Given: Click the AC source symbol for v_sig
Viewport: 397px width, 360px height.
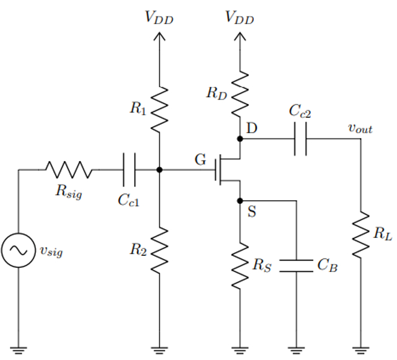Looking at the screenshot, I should [19, 250].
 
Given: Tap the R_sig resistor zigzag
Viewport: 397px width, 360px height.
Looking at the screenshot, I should [68, 169].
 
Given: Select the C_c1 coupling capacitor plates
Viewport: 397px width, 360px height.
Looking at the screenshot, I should [129, 169].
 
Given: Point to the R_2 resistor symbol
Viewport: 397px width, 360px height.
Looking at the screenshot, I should [160, 249].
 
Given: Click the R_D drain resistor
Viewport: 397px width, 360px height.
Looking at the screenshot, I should [240, 94].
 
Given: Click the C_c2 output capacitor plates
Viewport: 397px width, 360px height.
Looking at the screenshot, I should [300, 139].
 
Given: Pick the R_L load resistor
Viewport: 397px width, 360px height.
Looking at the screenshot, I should [360, 235].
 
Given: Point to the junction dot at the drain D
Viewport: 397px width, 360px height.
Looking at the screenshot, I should [240, 139].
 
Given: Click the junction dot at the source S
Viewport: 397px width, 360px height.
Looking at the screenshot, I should [240, 201].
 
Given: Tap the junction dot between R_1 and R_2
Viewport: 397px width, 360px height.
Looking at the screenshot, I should [160, 169].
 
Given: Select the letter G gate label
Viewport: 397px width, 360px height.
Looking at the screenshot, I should [200, 160].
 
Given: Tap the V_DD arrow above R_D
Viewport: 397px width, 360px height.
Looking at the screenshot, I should [240, 37].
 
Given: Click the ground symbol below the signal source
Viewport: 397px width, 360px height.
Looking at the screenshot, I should [19, 350].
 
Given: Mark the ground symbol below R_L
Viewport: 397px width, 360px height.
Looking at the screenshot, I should [360, 350].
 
